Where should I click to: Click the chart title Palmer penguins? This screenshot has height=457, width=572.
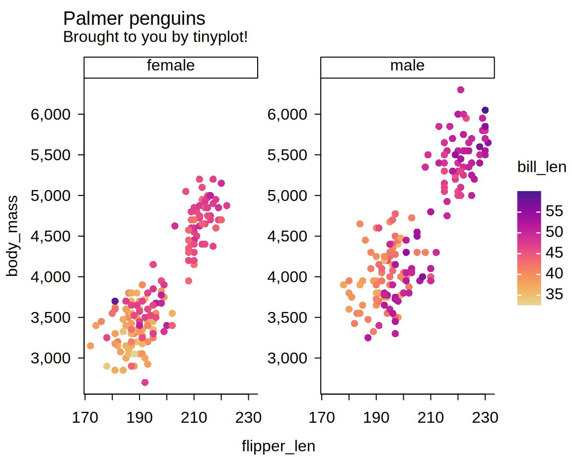pos(134,19)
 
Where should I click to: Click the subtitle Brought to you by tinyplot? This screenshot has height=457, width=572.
pos(155,37)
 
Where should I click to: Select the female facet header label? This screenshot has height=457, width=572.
pos(170,65)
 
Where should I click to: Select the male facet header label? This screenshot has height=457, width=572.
pos(407,65)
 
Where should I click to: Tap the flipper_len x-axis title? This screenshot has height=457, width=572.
pos(278,446)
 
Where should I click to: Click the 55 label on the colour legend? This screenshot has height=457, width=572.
pos(554,211)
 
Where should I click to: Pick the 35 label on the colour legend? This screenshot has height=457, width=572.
pos(554,294)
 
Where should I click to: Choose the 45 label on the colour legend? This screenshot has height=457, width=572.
pos(554,253)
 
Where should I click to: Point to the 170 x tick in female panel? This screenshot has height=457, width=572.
pos(85,418)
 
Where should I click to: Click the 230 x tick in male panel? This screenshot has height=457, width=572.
pos(485,418)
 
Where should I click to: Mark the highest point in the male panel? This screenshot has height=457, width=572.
pos(460,90)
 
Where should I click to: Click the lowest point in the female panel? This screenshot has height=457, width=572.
pos(145,382)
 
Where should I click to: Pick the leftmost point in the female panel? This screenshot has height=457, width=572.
pos(90,346)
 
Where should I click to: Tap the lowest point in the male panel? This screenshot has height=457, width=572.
pos(368,337)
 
